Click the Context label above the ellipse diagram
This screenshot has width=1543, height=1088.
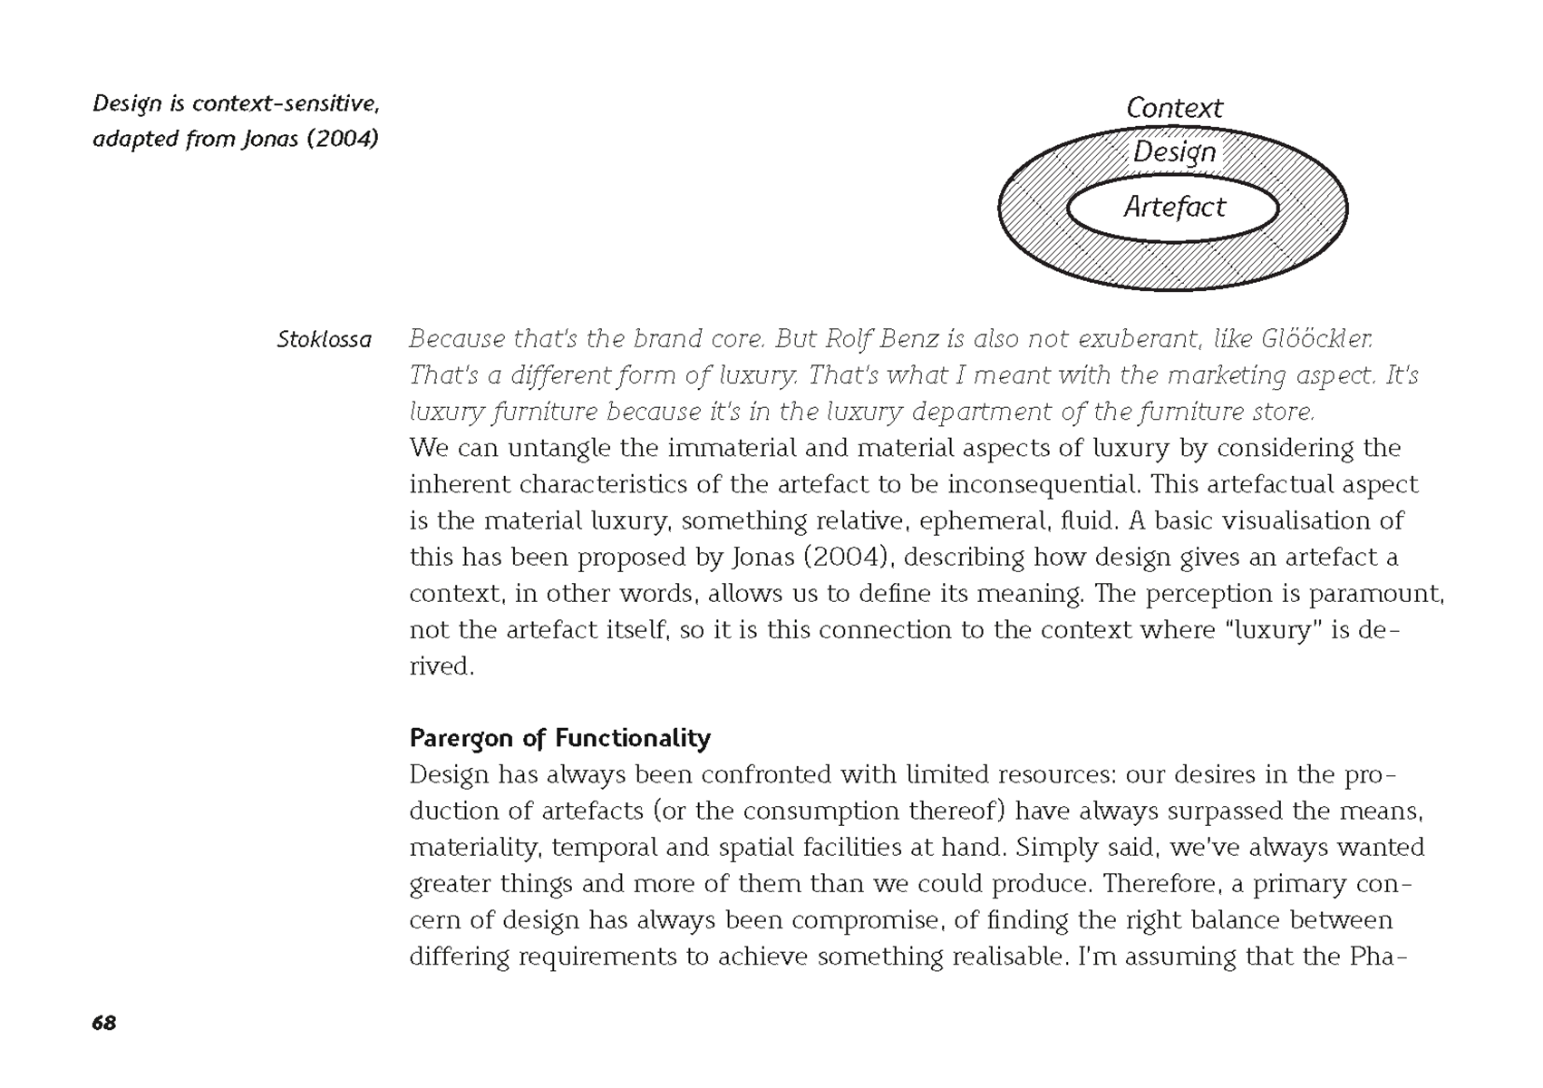pos(1174,108)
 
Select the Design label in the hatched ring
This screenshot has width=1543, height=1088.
pos(1174,152)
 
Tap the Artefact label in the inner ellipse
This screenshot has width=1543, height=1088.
pos(1174,208)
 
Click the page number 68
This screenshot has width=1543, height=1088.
pos(104,1023)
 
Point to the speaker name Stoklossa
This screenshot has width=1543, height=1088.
pos(324,340)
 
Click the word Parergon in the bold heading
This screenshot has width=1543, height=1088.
pos(462,739)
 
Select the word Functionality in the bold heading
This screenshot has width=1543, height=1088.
pos(633,738)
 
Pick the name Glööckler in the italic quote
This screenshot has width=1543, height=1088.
pos(1316,339)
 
